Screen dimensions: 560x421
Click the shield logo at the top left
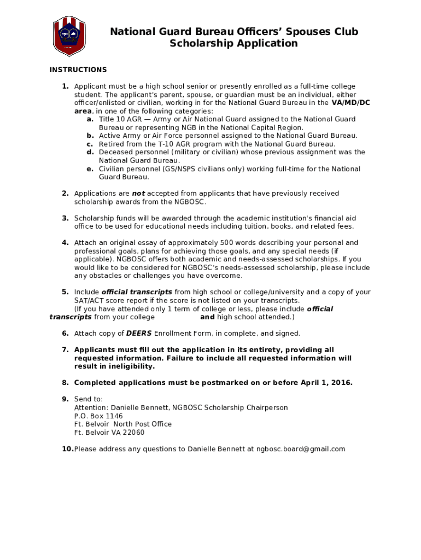pos(69,37)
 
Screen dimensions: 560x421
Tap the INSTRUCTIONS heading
pos(78,69)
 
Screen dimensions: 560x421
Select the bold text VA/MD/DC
pos(351,103)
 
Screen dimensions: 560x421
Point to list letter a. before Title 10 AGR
pos(90,119)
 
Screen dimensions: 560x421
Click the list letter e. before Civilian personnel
pos(90,169)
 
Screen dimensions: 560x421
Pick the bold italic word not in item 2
pos(138,194)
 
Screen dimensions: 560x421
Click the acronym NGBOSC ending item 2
pos(189,202)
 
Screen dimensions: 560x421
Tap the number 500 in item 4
pos(227,243)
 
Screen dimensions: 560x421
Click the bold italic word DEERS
pos(139,334)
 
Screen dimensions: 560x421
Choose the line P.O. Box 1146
pos(98,416)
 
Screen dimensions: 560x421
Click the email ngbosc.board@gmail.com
pos(301,450)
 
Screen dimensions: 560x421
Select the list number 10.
pos(67,450)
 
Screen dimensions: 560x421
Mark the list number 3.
pos(65,218)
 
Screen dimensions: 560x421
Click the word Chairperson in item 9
pos(267,408)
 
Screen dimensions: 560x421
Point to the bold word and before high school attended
pos(207,317)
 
